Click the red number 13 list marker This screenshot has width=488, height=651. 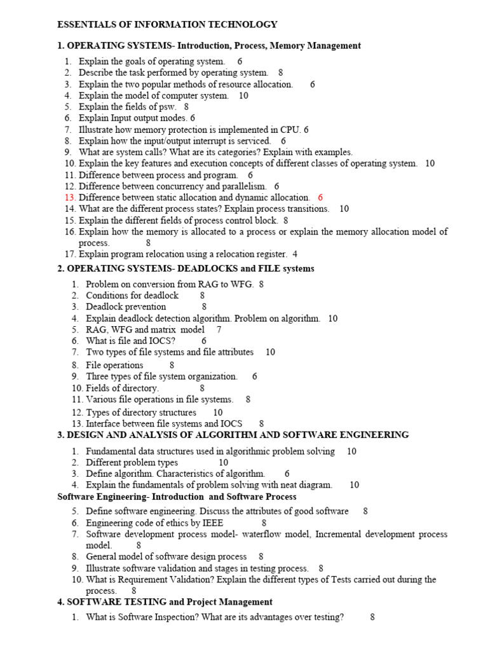point(70,198)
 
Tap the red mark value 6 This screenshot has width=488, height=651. point(320,198)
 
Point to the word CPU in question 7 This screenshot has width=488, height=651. point(291,130)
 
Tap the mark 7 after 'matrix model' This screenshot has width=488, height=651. point(219,329)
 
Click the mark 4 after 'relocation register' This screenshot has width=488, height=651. point(295,254)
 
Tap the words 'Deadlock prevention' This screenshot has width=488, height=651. point(126,306)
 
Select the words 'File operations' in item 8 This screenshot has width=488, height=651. point(114,365)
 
